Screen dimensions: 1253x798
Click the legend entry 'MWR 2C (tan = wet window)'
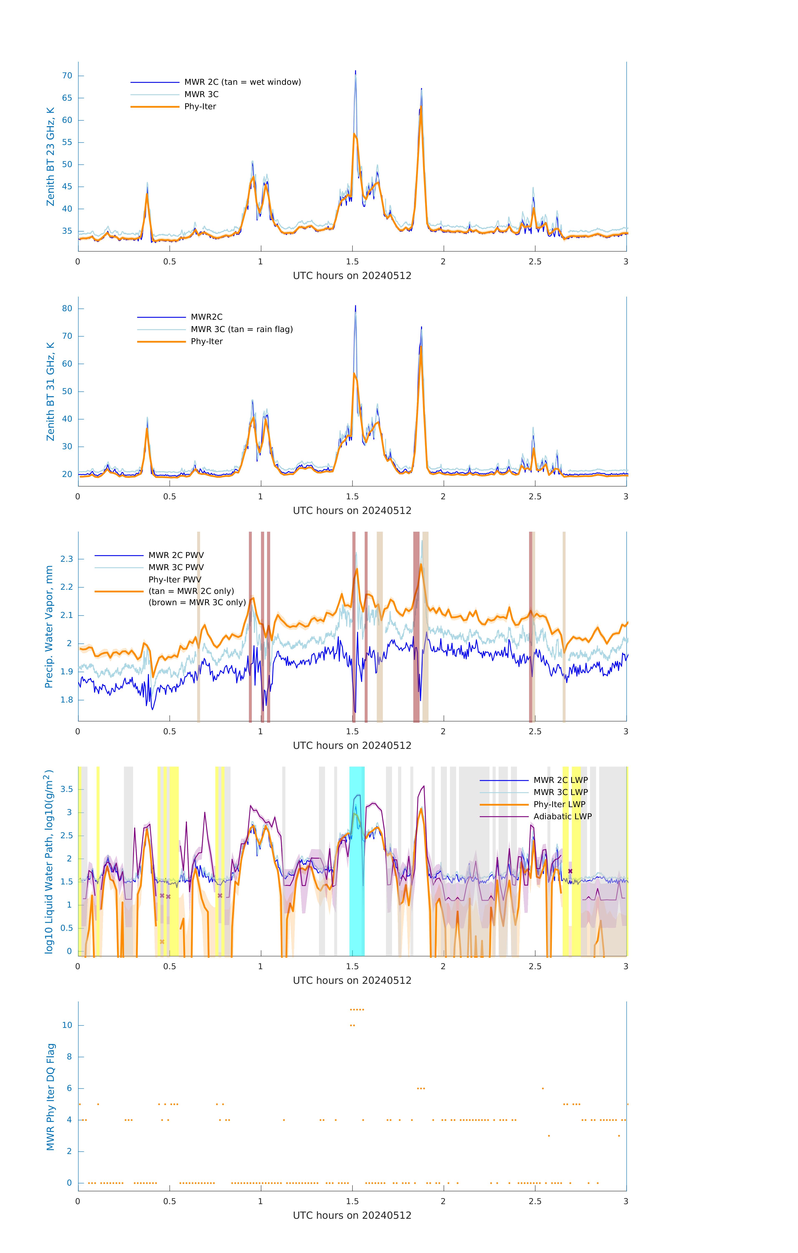pyautogui.click(x=242, y=82)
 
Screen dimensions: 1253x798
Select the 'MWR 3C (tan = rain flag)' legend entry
pyautogui.click(x=242, y=329)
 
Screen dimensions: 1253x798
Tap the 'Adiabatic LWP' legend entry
pyautogui.click(x=562, y=816)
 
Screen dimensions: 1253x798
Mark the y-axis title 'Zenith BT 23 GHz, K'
pyautogui.click(x=50, y=157)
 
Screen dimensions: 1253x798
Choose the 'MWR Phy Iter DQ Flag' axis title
pyautogui.click(x=50, y=1097)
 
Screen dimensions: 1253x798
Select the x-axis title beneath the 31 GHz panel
pyautogui.click(x=352, y=510)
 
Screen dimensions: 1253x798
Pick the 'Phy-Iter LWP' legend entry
pyautogui.click(x=559, y=804)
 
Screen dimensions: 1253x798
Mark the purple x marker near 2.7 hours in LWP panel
pyautogui.click(x=570, y=871)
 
